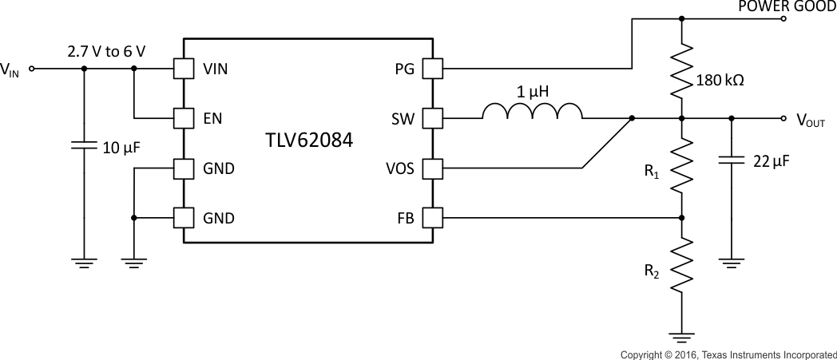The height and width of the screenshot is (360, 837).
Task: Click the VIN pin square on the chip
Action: point(184,69)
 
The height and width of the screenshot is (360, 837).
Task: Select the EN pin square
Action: point(184,119)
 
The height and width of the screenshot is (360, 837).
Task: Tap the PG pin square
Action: point(432,69)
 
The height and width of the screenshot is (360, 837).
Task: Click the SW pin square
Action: point(432,119)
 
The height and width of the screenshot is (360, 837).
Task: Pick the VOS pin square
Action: point(432,168)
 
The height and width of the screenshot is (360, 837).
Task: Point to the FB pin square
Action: point(432,217)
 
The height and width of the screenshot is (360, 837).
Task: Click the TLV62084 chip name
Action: point(308,141)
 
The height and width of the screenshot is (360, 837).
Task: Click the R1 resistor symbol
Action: point(681,168)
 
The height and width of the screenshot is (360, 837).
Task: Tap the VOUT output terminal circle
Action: point(783,119)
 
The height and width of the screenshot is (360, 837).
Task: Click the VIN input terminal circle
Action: point(32,69)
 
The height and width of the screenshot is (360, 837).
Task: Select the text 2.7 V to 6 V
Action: point(106,51)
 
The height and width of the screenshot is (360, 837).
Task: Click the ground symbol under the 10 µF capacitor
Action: point(83,261)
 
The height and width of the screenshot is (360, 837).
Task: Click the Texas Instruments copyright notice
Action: point(728,353)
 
